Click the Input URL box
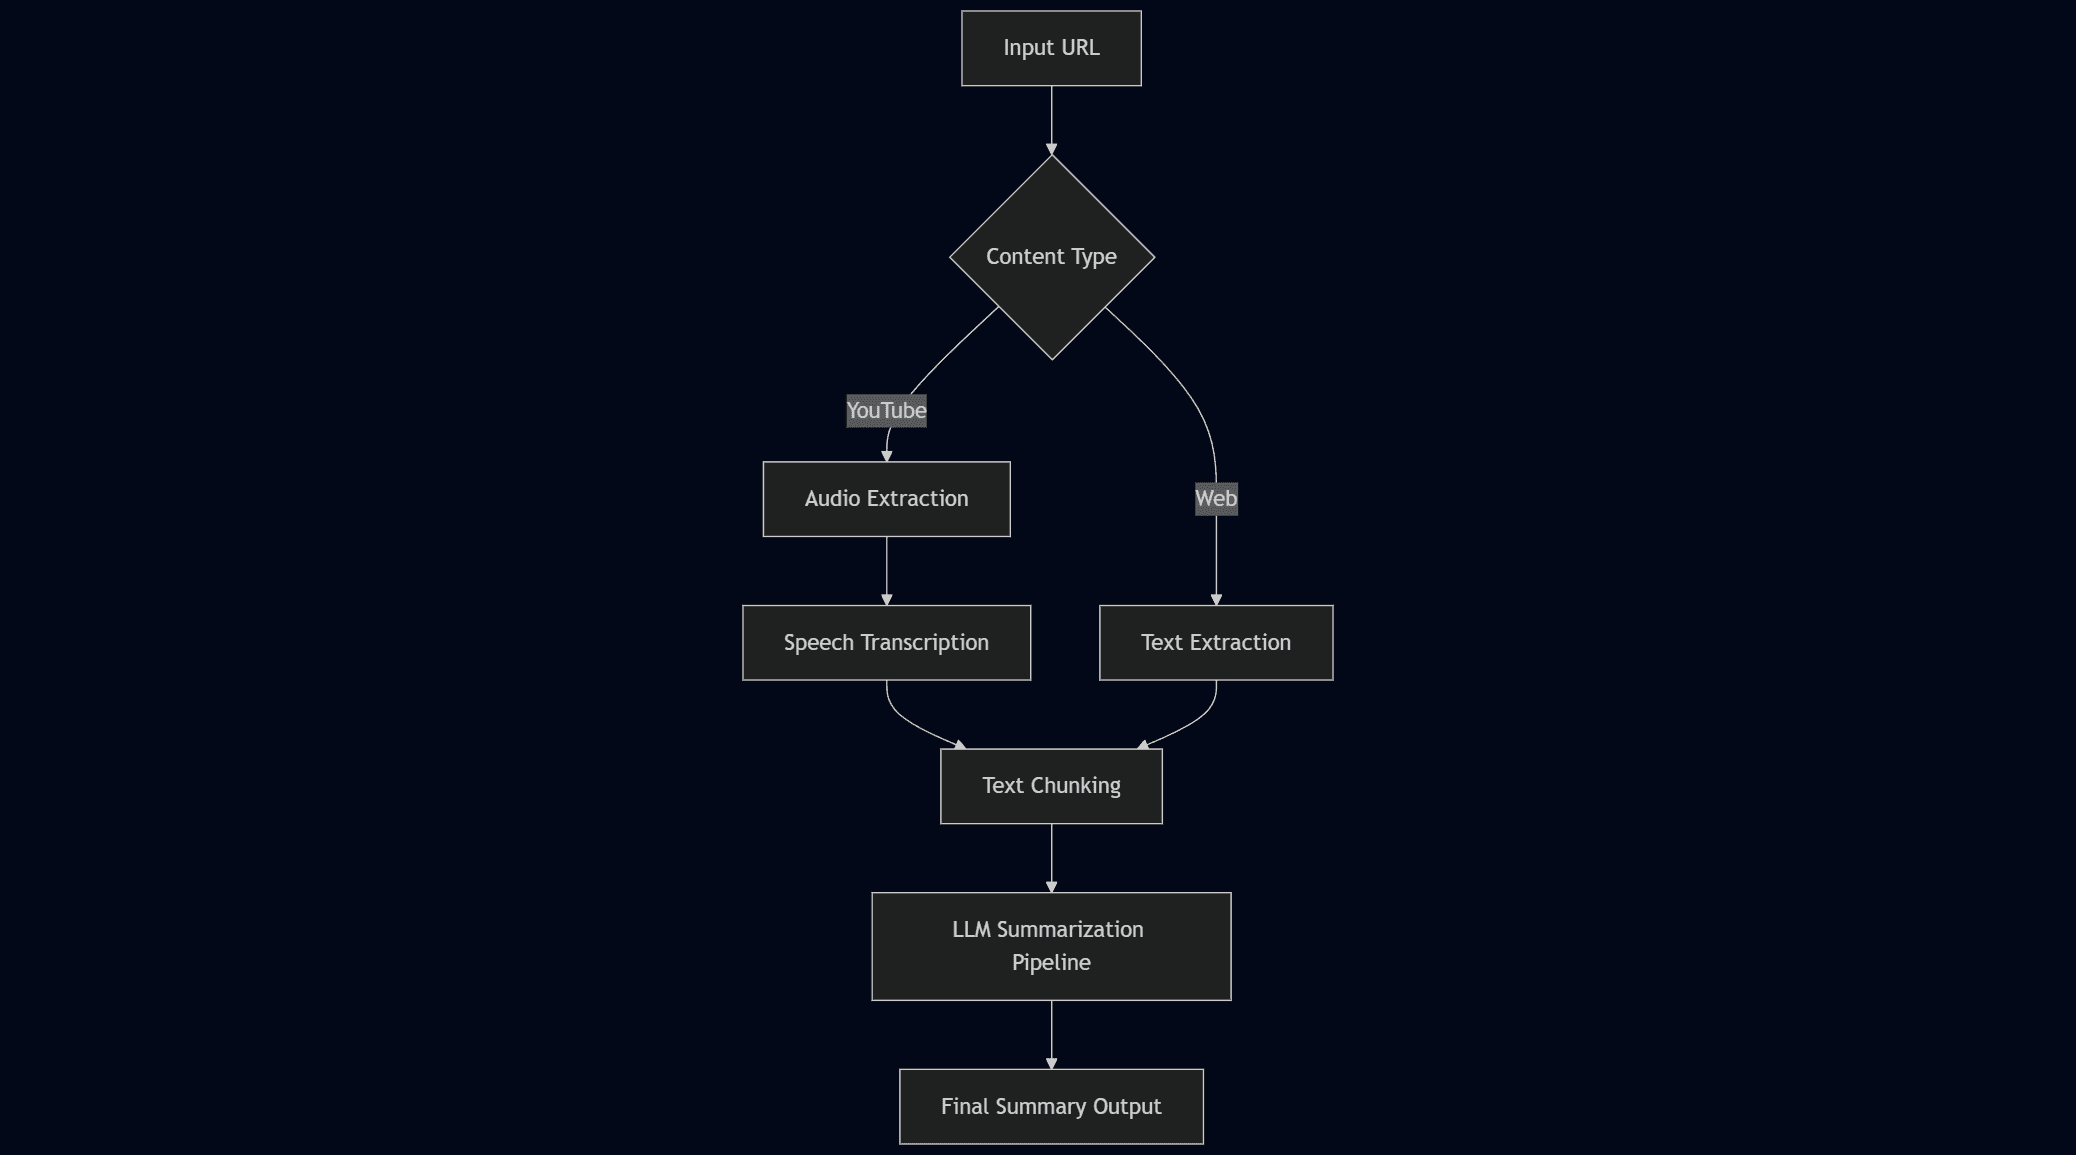(1051, 48)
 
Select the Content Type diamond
(1051, 257)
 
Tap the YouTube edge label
(886, 411)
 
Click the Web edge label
(1216, 499)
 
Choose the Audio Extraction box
(886, 499)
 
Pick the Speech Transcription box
(886, 643)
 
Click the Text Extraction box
(1216, 643)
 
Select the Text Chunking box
(1051, 786)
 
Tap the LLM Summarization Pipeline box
(1051, 946)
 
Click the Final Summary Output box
(1051, 1106)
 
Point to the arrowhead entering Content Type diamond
(1051, 149)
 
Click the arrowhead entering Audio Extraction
(886, 455)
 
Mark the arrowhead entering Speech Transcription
(886, 599)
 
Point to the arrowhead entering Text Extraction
(1216, 599)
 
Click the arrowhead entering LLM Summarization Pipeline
(1051, 886)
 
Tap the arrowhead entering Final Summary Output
(1051, 1063)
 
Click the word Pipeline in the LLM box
(1051, 963)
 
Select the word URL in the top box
(1080, 48)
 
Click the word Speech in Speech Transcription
(818, 643)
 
